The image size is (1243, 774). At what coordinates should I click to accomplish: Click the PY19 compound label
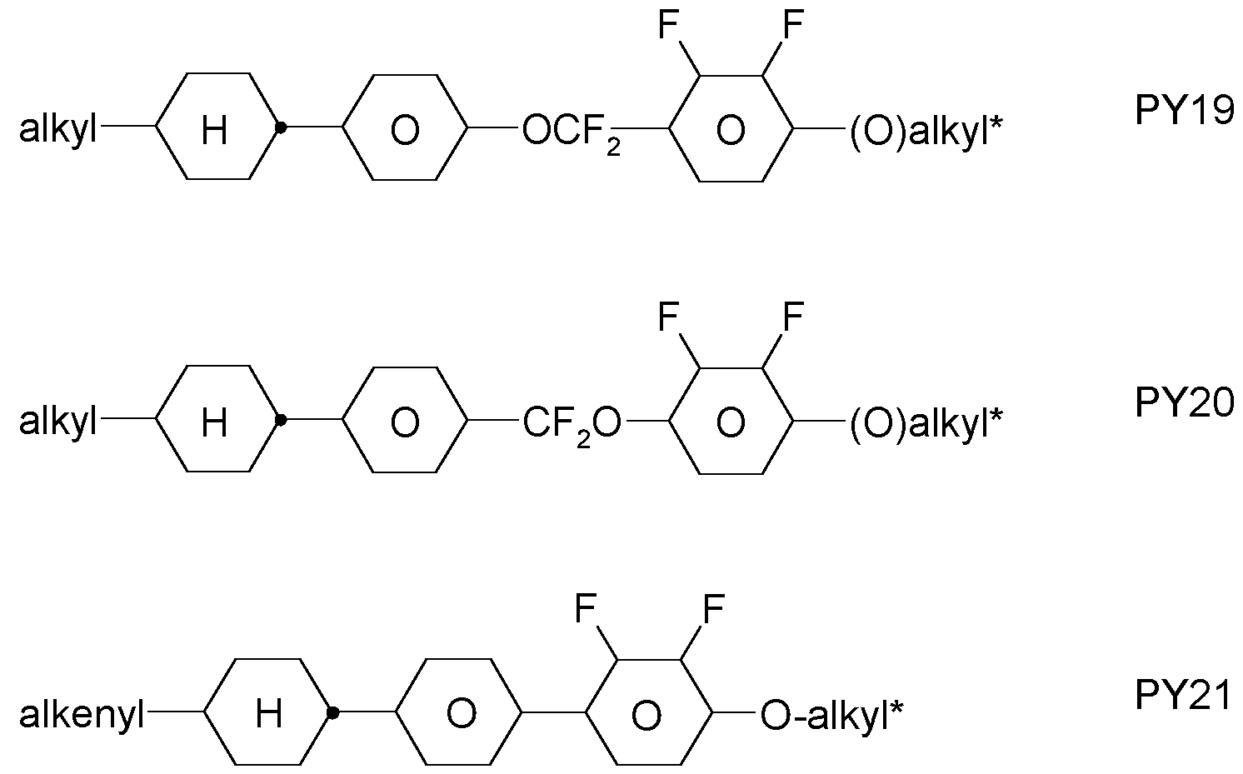click(1185, 111)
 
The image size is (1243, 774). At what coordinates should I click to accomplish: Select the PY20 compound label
click(1185, 402)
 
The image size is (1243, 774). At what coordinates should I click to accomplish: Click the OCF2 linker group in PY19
click(571, 132)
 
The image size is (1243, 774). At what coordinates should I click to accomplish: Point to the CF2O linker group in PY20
click(572, 425)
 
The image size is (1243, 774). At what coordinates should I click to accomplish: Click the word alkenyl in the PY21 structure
click(82, 716)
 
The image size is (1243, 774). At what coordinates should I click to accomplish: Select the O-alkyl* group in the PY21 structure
click(831, 716)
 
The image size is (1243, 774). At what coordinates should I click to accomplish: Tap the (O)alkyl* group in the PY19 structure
click(926, 132)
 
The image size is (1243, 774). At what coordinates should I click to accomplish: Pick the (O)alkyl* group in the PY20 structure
click(926, 424)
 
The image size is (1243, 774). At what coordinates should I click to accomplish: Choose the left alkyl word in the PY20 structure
click(57, 423)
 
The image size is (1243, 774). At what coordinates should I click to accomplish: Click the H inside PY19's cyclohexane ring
click(214, 131)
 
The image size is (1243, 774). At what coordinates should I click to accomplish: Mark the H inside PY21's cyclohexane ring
click(268, 713)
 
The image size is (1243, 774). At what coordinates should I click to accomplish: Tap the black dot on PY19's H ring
click(282, 127)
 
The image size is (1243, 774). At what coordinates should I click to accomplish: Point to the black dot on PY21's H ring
click(333, 713)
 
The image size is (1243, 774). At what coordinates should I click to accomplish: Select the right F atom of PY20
click(793, 317)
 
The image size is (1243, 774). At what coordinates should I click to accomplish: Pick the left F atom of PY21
click(586, 608)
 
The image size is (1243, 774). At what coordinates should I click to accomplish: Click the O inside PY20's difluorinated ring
click(731, 422)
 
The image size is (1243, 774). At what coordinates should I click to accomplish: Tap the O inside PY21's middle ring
click(462, 713)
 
